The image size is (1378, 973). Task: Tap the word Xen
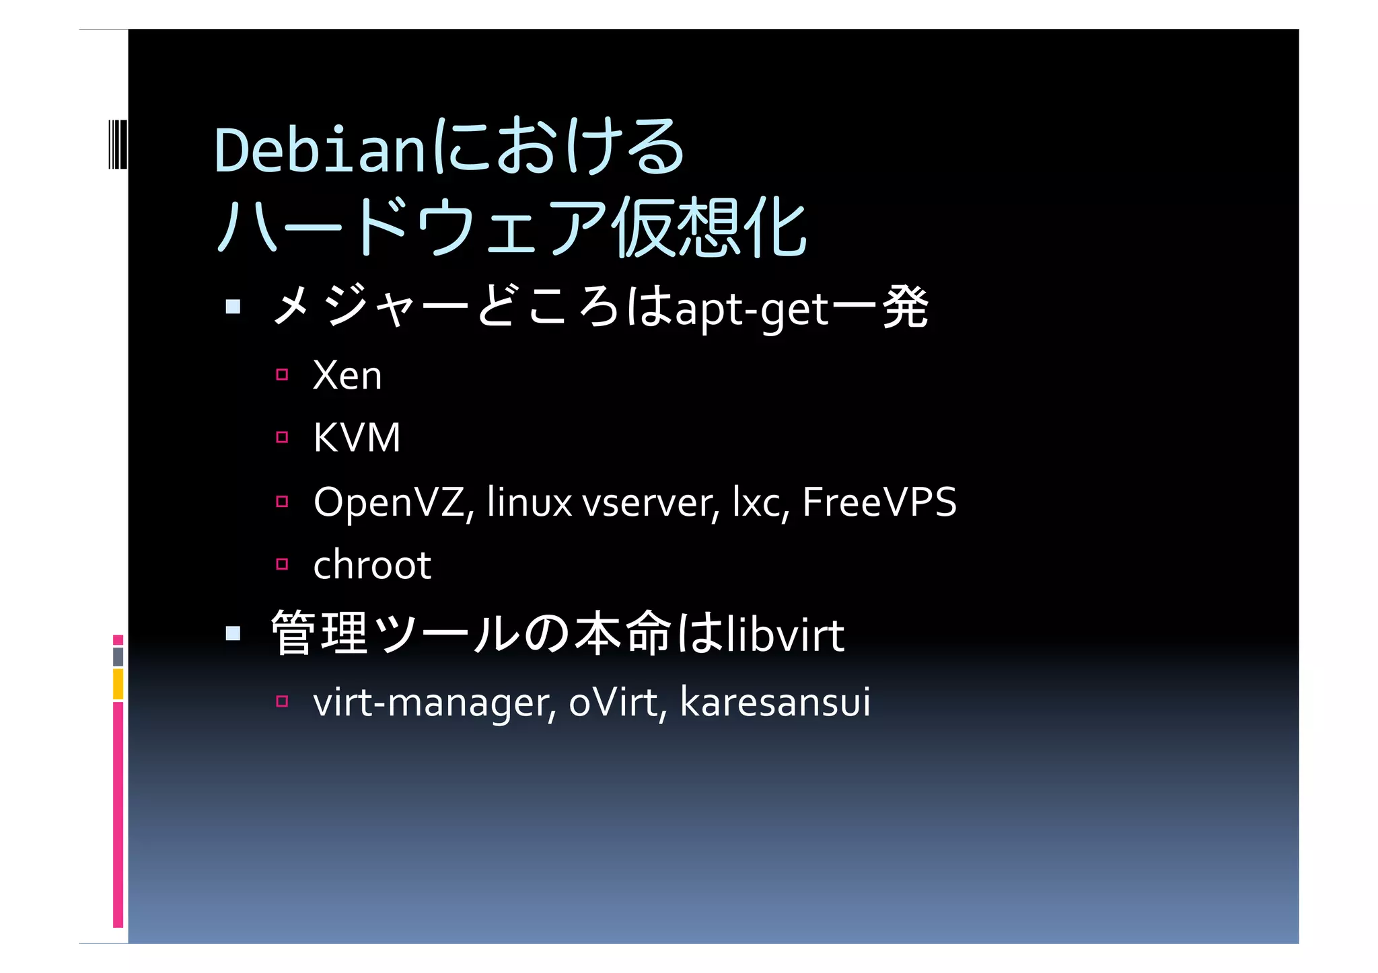347,375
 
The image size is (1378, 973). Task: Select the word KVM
357,438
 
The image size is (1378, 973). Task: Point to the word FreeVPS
879,502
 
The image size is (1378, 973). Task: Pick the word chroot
371,565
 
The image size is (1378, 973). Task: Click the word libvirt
785,635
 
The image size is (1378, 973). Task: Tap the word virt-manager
435,703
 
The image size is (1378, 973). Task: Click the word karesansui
775,702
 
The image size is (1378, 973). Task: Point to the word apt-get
752,311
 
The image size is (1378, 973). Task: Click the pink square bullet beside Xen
282,375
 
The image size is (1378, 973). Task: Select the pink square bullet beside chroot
282,564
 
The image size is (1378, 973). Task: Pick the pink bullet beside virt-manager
282,701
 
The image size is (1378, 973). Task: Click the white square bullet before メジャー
233,307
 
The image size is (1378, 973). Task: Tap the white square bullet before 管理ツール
233,633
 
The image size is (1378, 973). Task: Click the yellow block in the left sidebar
118,684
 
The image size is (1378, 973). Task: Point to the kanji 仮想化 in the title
709,229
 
